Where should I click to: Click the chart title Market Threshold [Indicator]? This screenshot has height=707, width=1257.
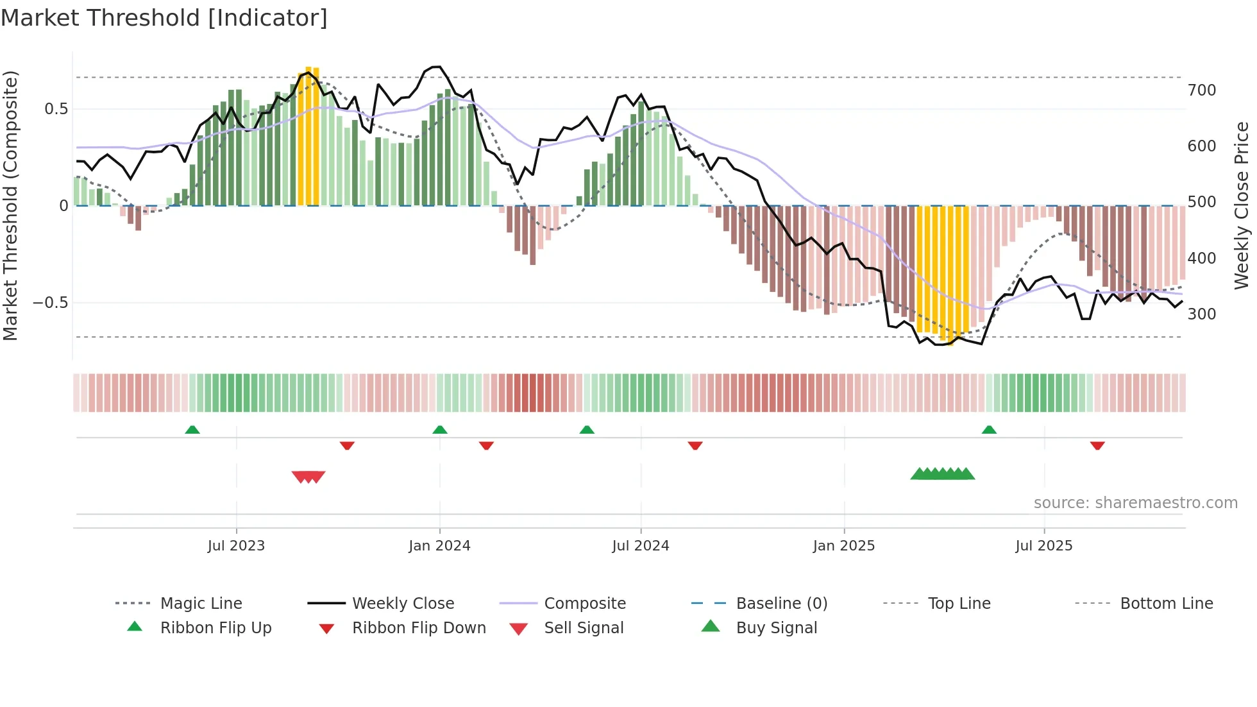tap(164, 18)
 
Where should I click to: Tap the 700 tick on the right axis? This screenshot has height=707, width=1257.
tap(1201, 90)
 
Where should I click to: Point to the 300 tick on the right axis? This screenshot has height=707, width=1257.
tap(1201, 314)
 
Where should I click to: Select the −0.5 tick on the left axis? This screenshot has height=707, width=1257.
tap(51, 303)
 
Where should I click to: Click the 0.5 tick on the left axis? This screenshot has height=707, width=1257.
tap(56, 109)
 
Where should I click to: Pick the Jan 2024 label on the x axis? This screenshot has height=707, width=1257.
tap(439, 546)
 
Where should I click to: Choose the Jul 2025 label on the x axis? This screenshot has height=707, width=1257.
tap(1043, 546)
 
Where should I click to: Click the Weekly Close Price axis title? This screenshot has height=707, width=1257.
tap(1242, 205)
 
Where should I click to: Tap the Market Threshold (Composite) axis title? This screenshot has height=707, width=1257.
tap(11, 205)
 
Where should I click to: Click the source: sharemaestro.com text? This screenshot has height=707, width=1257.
tap(1135, 503)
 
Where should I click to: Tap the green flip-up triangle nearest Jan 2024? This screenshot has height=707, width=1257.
tap(440, 430)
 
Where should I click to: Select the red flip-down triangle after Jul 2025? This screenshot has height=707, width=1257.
tap(1097, 445)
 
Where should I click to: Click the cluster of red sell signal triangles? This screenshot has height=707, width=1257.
tap(308, 477)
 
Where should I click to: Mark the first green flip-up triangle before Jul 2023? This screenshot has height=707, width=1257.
tap(192, 430)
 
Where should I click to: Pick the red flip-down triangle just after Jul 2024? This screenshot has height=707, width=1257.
tap(695, 445)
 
